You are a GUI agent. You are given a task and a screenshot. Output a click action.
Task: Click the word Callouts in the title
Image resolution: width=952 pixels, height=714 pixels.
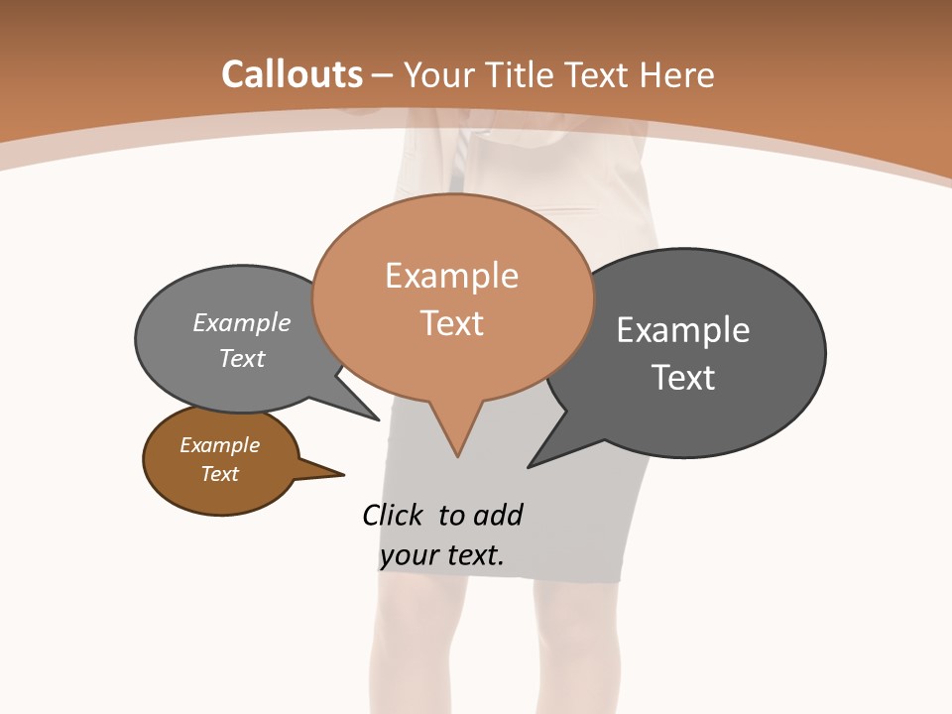[293, 75]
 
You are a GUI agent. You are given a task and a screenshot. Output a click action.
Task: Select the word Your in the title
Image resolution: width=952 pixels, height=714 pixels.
[439, 75]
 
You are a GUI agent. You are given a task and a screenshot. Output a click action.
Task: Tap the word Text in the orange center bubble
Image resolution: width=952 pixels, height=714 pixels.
[451, 322]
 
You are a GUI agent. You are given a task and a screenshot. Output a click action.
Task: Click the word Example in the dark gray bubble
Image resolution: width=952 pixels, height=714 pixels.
[682, 329]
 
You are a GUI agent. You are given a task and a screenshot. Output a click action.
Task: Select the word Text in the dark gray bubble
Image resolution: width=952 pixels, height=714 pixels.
[682, 377]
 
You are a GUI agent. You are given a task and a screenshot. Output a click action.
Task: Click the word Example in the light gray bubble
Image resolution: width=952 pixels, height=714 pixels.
[242, 322]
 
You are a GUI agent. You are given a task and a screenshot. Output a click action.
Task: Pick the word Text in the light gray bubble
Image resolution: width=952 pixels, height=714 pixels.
[242, 358]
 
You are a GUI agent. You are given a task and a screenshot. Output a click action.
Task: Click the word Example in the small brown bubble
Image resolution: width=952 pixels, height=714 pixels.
[219, 445]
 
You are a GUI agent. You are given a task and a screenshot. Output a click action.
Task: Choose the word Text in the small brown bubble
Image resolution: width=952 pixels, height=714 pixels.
[219, 473]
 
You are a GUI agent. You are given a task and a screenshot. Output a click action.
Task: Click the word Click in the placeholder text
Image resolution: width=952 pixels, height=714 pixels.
[395, 515]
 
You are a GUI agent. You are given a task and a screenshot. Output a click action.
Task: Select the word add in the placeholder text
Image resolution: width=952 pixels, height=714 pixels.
[497, 515]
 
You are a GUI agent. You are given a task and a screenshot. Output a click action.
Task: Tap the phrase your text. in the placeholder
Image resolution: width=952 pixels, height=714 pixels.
[442, 555]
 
